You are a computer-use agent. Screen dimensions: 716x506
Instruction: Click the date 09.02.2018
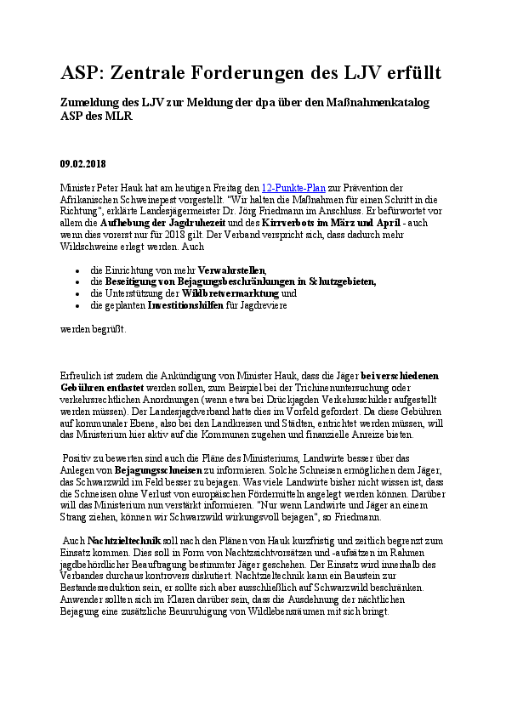[83, 164]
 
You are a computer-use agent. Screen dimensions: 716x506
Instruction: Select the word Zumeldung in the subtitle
[93, 103]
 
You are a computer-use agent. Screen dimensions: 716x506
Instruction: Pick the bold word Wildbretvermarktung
[230, 293]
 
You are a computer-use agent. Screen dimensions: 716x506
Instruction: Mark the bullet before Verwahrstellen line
[77, 270]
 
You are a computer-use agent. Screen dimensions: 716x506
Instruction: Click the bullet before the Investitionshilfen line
[77, 304]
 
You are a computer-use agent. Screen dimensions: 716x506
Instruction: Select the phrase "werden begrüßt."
[93, 327]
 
